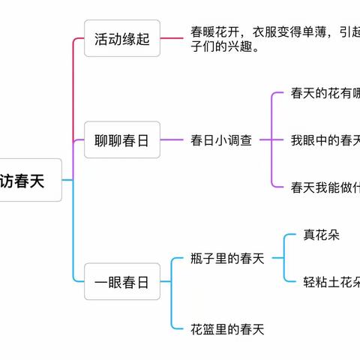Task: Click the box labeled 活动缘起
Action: coord(122,38)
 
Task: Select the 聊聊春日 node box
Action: coord(122,140)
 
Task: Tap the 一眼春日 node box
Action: coord(122,282)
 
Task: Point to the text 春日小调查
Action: coord(221,140)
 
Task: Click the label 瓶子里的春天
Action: coord(228,259)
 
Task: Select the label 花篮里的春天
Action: coord(228,328)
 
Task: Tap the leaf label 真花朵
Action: coord(322,235)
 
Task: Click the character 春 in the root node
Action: coord(29,181)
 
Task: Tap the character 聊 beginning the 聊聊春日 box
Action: coord(102,140)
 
